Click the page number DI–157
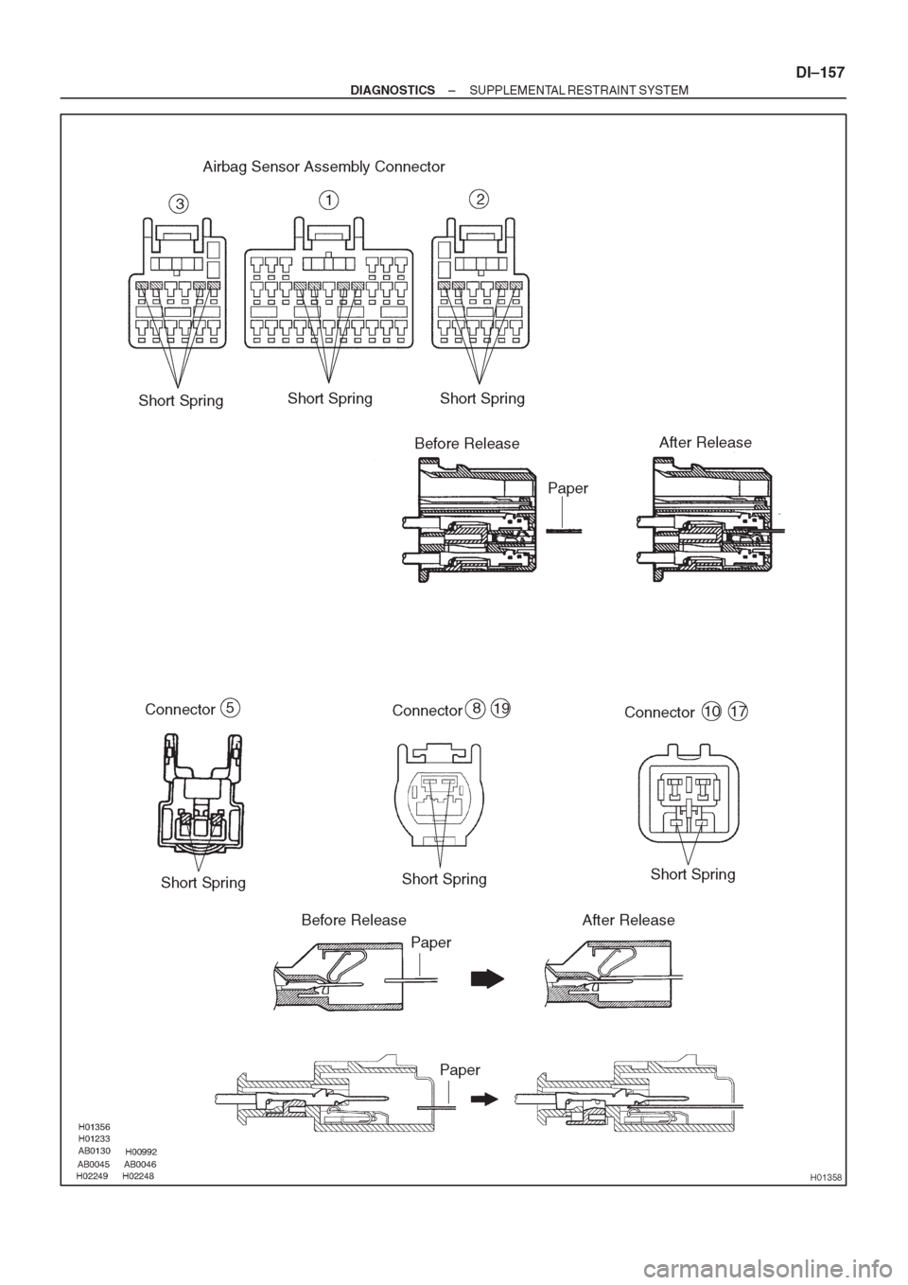(819, 73)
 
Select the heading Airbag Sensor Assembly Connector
(323, 167)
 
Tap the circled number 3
(178, 203)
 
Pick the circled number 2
(480, 199)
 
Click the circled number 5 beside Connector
(230, 708)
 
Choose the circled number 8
(475, 708)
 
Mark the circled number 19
(500, 708)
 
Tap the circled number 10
(712, 712)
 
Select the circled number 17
(739, 712)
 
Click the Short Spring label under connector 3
(182, 400)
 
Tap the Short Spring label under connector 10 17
(692, 874)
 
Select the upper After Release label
(705, 442)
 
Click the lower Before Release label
(354, 920)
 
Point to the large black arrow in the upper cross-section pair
(487, 978)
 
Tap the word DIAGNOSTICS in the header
(393, 90)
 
